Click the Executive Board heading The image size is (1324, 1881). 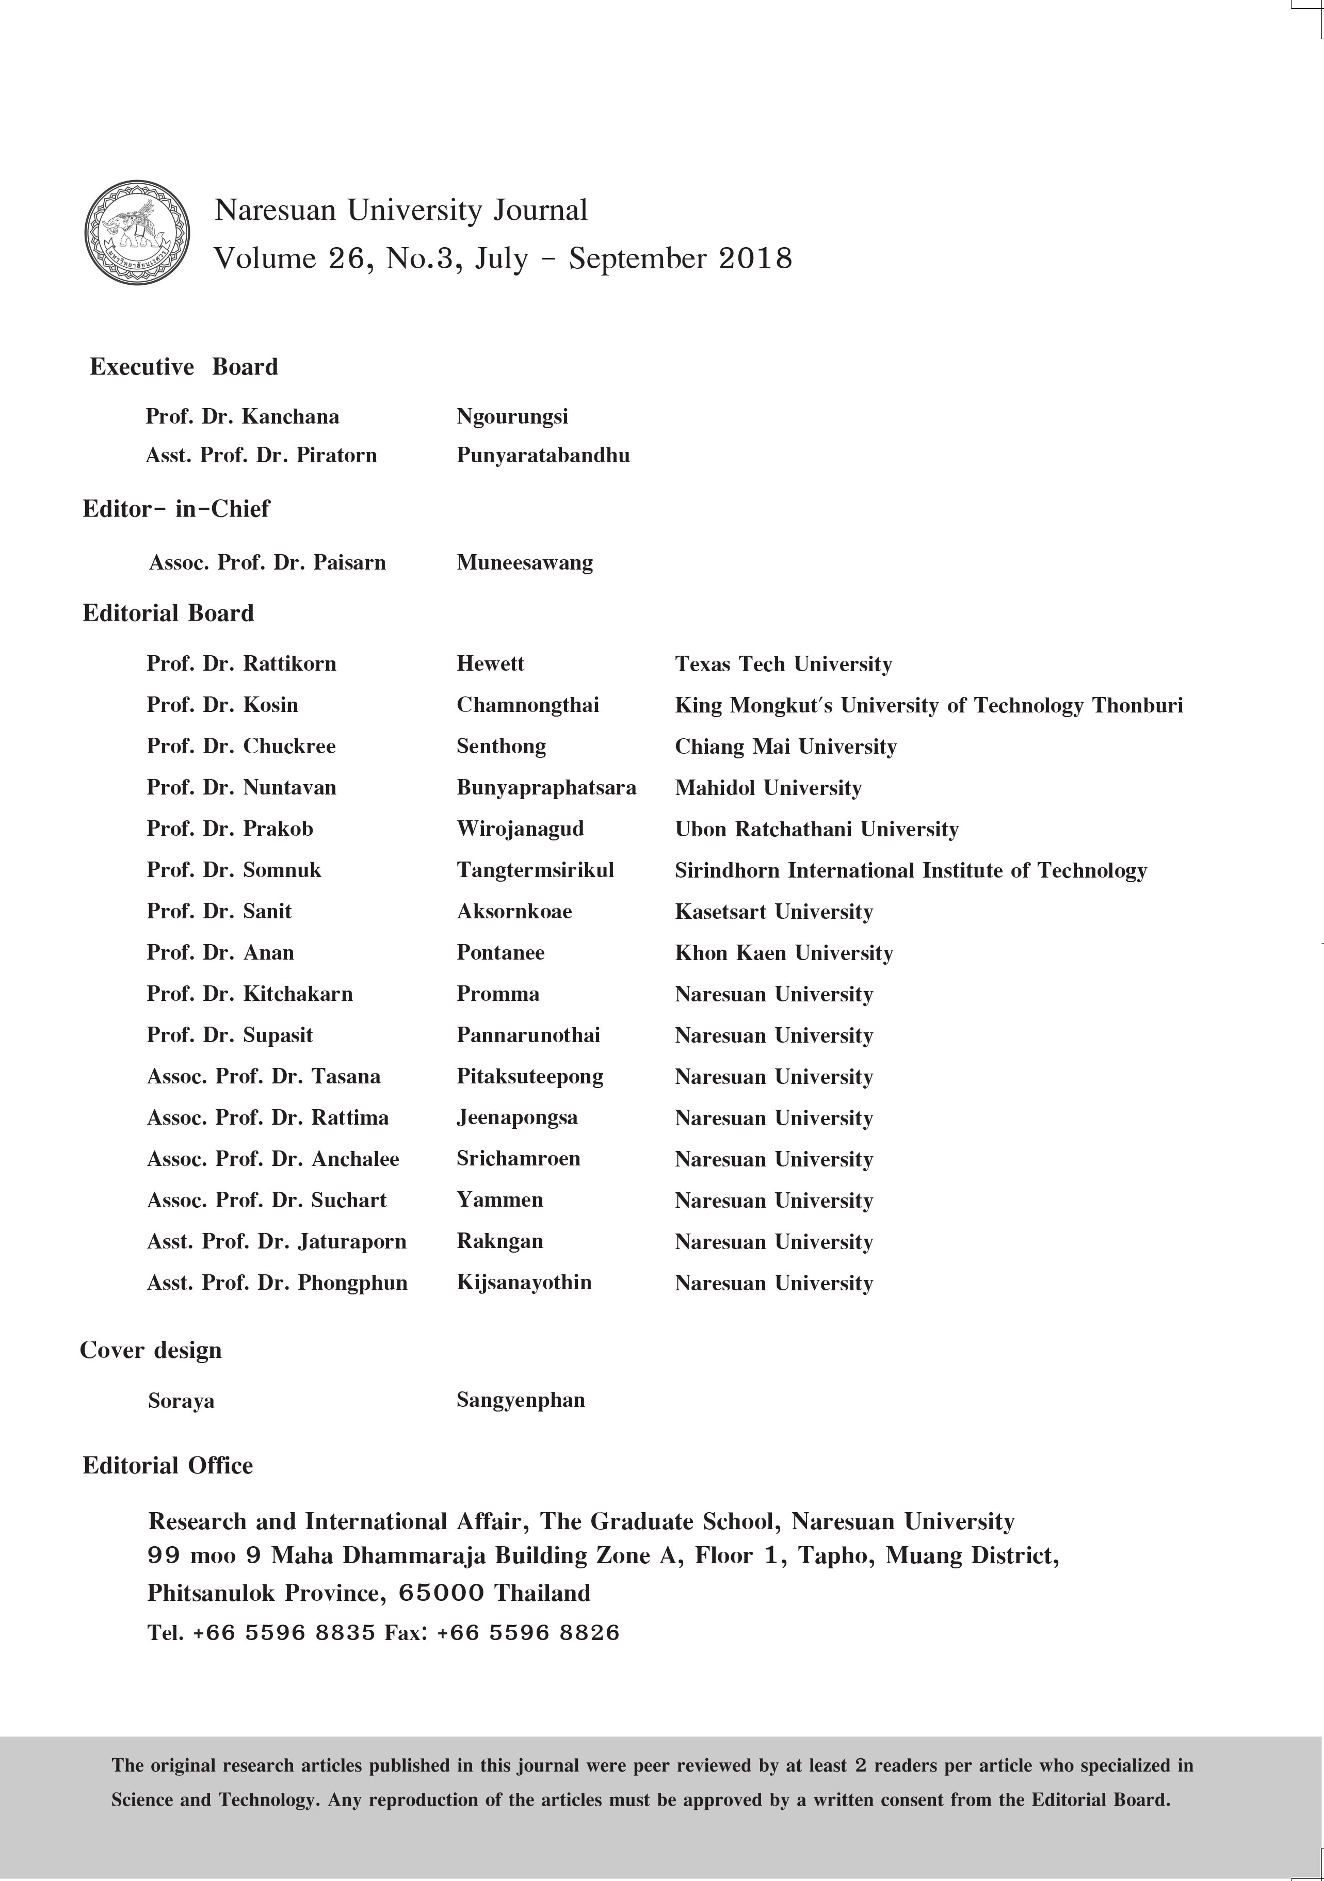[x=184, y=367]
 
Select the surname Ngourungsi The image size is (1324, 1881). [x=512, y=416]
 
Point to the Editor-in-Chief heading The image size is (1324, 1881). [x=176, y=509]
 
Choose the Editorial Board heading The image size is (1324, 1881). [x=168, y=613]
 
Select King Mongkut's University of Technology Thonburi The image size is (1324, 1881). [x=928, y=705]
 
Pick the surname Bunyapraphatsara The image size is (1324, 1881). [x=546, y=788]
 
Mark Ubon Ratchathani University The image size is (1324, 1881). [x=816, y=829]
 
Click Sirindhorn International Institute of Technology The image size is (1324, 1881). [x=910, y=870]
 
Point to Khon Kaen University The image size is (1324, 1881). [x=783, y=953]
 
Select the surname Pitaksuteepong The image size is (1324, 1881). [x=530, y=1077]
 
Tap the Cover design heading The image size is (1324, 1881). [x=151, y=1350]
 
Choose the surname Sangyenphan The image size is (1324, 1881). [x=520, y=1400]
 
